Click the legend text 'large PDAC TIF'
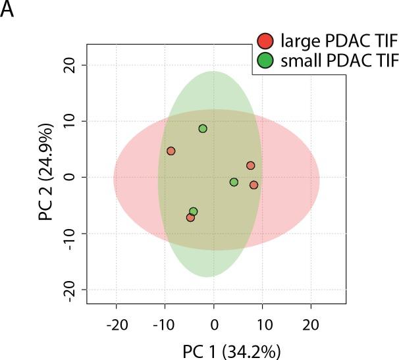point(325,40)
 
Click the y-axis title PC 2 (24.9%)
point(45,178)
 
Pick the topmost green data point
point(203,128)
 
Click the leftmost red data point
point(171,151)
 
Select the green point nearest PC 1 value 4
point(234,182)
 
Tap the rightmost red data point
point(253,185)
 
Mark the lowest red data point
point(190,217)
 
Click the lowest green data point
point(193,211)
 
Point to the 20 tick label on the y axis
point(71,65)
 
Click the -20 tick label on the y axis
point(68,290)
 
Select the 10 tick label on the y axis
point(71,121)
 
